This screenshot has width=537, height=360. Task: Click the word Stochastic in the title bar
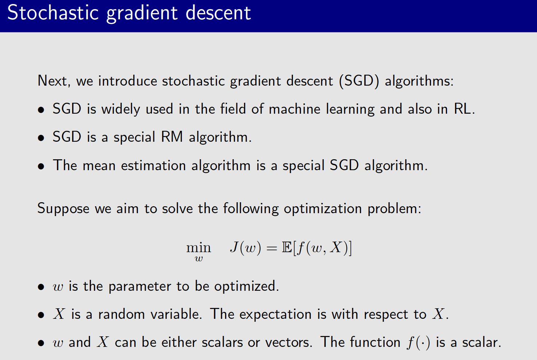tap(53, 13)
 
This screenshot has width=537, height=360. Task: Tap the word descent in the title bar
tap(218, 13)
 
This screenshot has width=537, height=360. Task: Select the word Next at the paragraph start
tap(52, 81)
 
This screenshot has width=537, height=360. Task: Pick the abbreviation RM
tap(172, 137)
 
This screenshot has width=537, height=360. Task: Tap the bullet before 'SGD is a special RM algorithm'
tap(41, 138)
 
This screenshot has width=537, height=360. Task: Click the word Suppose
tap(63, 209)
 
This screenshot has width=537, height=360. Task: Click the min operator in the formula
tap(199, 248)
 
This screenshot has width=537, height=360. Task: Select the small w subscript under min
tap(199, 259)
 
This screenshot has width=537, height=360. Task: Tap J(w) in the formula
tap(245, 248)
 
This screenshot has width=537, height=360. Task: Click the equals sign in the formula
tap(272, 248)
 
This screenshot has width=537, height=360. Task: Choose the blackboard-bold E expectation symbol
tap(287, 248)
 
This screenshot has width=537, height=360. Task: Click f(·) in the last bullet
tap(419, 343)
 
